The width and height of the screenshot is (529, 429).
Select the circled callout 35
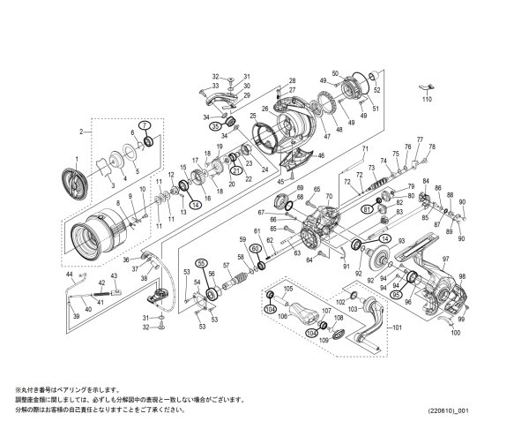coord(214,126)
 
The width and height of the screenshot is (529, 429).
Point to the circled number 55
coord(201,262)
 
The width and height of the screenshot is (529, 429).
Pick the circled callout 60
coord(256,249)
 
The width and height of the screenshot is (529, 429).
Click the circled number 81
coord(367,209)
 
